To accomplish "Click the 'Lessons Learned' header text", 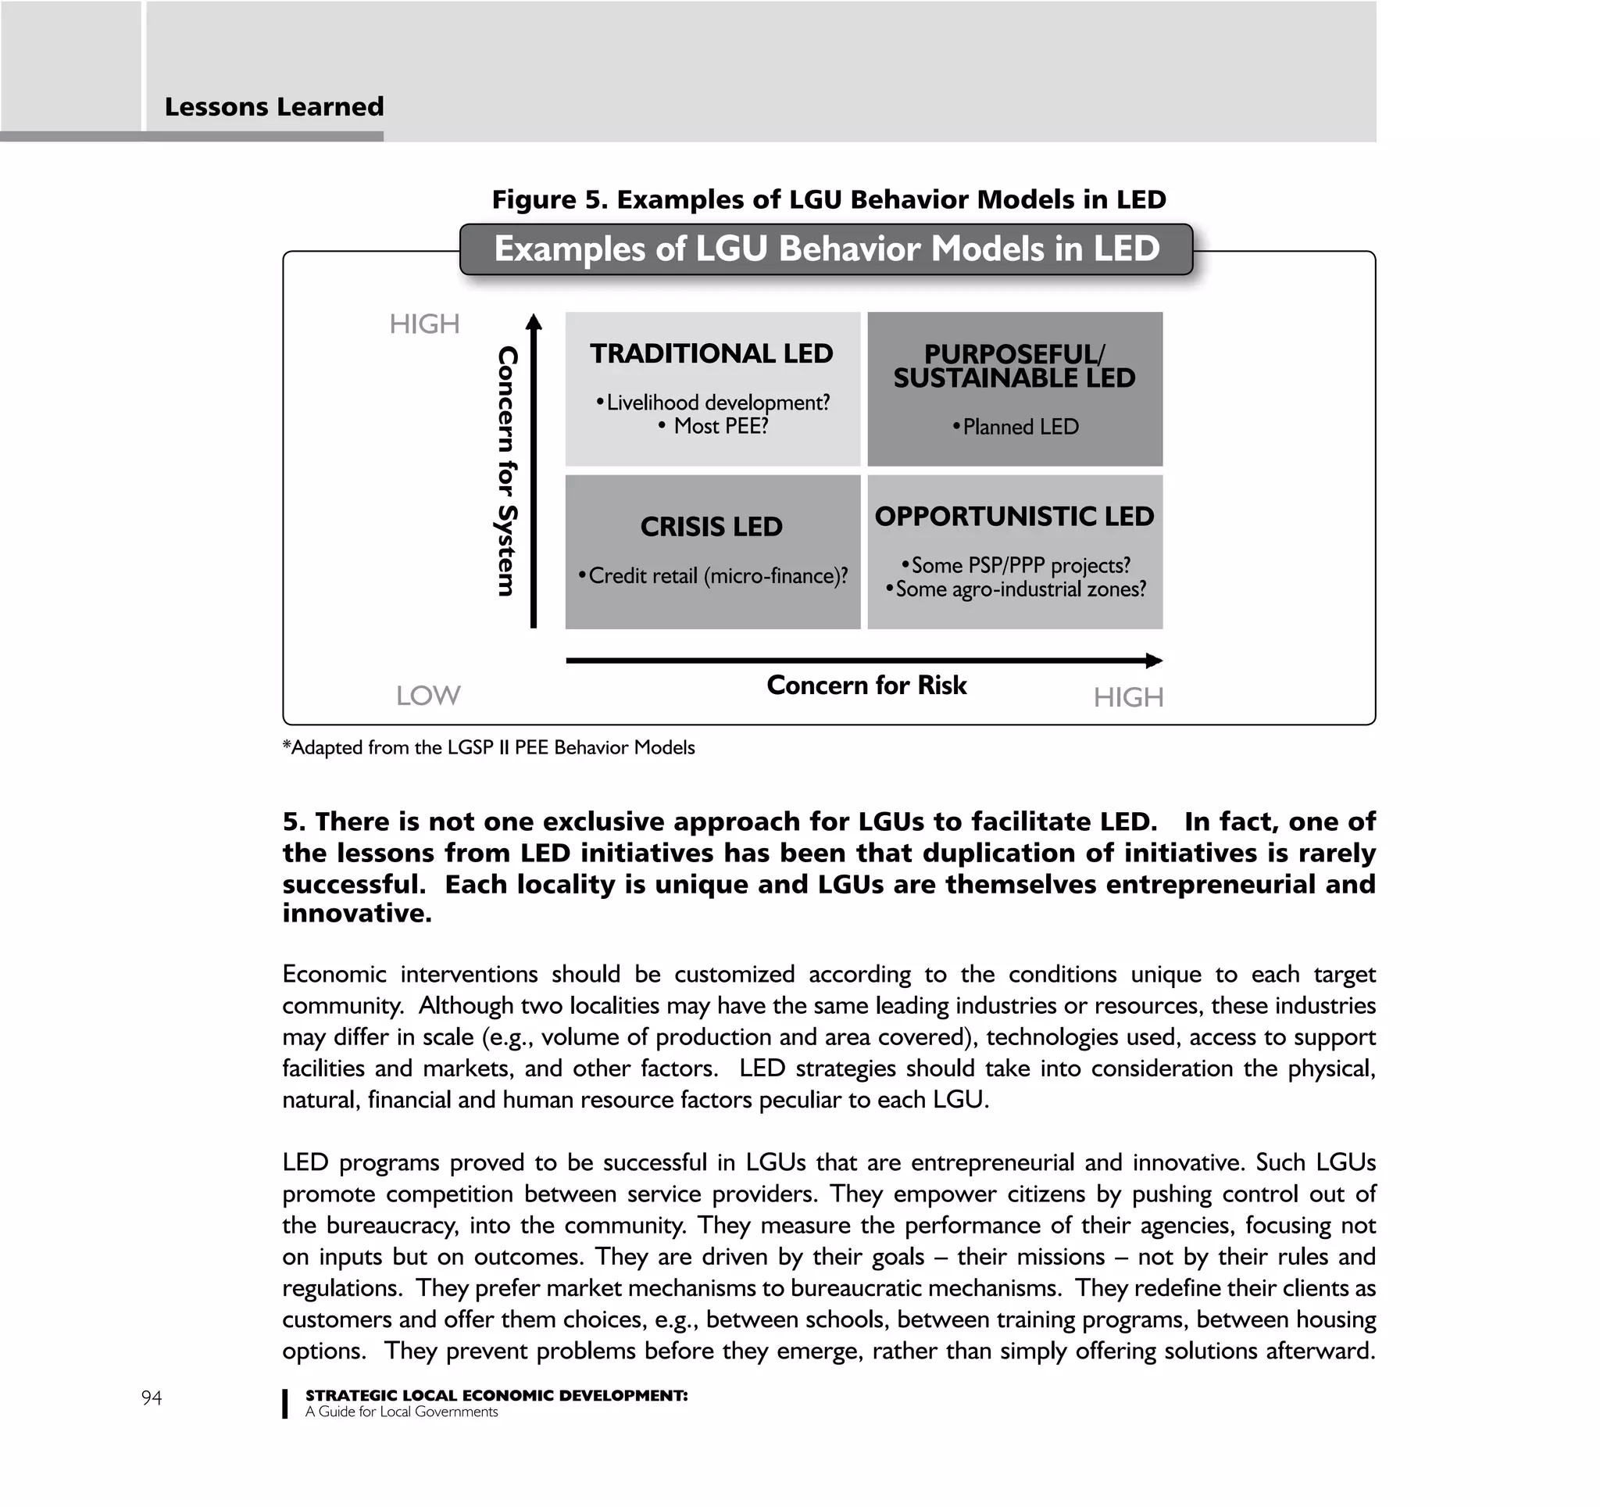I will click(273, 107).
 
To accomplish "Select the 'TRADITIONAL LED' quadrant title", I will click(712, 353).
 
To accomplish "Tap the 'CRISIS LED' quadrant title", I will click(712, 527).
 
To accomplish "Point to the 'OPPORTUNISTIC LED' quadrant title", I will click(1014, 516).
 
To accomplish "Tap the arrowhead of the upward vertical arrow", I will click(534, 321).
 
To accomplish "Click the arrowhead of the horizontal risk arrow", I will click(1155, 661).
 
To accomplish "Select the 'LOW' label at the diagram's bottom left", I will click(428, 696).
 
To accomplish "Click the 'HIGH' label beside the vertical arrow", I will click(424, 324).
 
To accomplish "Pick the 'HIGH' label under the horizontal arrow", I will click(1127, 697).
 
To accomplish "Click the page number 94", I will click(152, 1398).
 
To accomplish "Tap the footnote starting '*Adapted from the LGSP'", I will click(488, 748).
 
